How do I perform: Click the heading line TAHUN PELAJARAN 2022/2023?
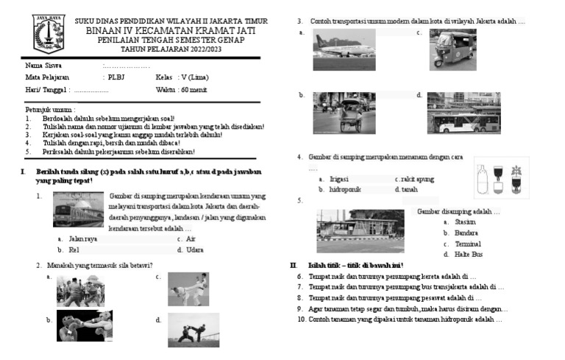coord(171,49)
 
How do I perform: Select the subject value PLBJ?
coord(116,77)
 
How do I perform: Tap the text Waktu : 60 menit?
coord(181,89)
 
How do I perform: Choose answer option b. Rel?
coord(73,250)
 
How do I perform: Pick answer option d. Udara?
coord(191,250)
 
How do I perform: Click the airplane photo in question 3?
coord(344,49)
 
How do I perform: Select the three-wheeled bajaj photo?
coord(452,49)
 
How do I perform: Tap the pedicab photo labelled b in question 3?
coord(344,112)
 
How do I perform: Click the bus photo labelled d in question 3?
coord(463,113)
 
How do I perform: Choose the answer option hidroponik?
coord(344,189)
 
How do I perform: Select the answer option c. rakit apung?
coord(415,179)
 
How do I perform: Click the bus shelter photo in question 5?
coord(360,230)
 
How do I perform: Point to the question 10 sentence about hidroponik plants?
coord(400,320)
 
